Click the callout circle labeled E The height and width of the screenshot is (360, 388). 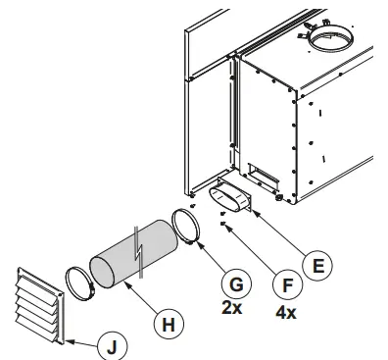(x=316, y=264)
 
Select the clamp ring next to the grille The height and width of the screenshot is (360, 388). (x=78, y=283)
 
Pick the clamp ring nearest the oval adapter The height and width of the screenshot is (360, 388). (x=188, y=228)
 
